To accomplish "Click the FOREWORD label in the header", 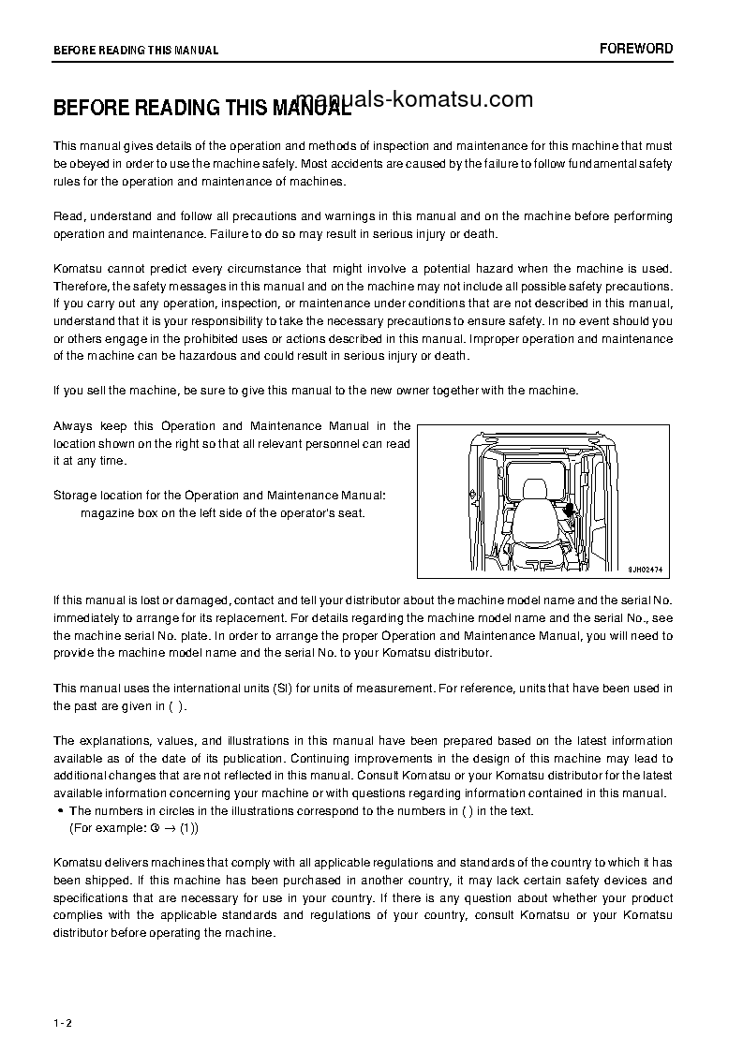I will (636, 49).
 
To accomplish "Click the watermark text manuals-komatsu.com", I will (413, 100).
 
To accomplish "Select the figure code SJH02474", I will (645, 568).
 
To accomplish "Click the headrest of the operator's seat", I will (535, 489).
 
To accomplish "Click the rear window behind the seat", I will (536, 468).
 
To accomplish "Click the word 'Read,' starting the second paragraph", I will (69, 216).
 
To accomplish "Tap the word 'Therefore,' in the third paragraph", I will (82, 286).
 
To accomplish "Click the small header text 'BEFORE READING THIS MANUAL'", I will (136, 50).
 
